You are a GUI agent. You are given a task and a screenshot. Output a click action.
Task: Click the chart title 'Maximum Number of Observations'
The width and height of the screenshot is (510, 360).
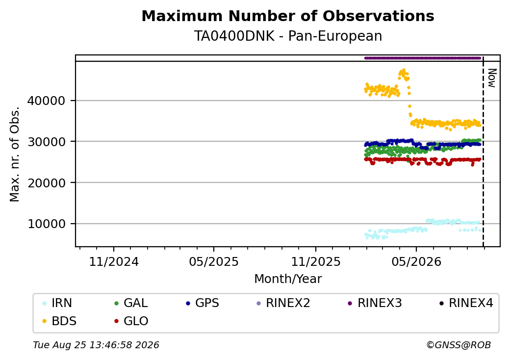tap(288, 16)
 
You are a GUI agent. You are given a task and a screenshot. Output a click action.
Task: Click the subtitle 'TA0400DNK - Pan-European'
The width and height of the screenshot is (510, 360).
tap(288, 36)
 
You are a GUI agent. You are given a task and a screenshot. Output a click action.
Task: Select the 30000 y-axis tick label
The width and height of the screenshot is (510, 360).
tap(46, 142)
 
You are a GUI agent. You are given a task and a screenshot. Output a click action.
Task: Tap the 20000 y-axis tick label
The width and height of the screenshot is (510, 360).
tap(46, 183)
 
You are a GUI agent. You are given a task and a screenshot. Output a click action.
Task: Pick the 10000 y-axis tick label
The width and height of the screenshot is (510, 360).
tap(46, 224)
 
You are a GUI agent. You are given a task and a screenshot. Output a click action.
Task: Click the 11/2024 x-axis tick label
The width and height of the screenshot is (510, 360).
tap(114, 262)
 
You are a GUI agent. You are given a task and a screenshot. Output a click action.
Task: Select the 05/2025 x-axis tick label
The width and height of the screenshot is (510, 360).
tap(214, 262)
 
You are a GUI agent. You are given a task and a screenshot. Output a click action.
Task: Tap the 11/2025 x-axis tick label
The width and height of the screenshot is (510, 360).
tap(315, 262)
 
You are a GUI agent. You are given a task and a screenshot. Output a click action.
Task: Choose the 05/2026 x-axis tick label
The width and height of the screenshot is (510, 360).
tap(416, 262)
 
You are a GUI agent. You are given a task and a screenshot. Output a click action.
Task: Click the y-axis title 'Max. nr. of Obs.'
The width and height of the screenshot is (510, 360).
tap(15, 154)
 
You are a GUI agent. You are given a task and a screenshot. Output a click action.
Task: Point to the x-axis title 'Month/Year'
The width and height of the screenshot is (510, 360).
tap(288, 279)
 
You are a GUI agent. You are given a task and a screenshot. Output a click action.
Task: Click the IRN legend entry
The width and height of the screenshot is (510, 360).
tap(57, 303)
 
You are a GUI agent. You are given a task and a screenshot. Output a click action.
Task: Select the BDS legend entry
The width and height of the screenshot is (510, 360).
tap(59, 321)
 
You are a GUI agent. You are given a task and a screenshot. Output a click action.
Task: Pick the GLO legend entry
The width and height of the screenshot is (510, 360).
tap(131, 321)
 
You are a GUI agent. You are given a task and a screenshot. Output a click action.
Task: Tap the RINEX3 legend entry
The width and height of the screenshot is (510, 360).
tap(375, 303)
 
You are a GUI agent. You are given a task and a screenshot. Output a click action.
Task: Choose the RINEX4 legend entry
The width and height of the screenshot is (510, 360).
tap(466, 303)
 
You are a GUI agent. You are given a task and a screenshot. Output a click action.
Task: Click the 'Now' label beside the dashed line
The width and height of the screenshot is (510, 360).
tap(492, 78)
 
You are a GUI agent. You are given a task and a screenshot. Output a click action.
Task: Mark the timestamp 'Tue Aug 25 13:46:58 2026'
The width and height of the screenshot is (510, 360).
tap(96, 345)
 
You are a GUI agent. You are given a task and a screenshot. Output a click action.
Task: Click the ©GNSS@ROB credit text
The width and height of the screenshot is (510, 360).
tap(459, 345)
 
